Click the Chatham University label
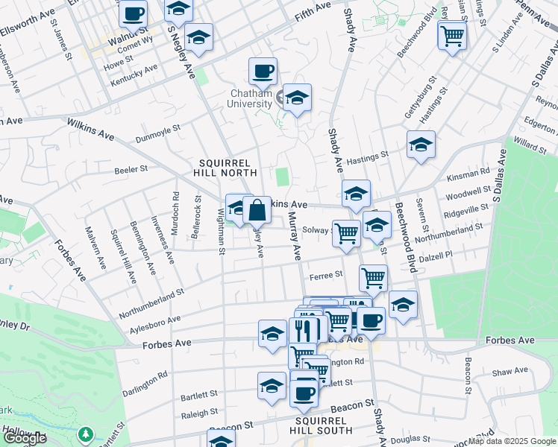(251, 98)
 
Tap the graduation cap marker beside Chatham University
(297, 98)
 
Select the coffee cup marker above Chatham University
(263, 72)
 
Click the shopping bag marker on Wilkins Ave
(257, 211)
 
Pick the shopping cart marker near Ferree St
(373, 279)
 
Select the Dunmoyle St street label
(158, 133)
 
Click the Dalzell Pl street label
(436, 255)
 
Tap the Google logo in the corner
(25, 438)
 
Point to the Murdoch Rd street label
(175, 215)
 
